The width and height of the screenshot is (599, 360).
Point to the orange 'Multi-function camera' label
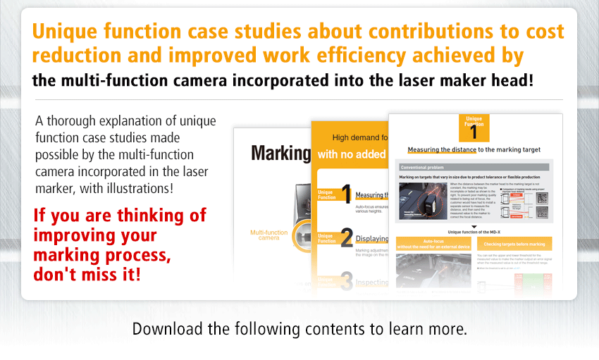268,235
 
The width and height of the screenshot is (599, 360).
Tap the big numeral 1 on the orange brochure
346,194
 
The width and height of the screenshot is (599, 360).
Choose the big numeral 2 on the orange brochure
346,237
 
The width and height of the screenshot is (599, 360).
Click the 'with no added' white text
352,154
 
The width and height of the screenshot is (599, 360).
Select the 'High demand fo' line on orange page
360,137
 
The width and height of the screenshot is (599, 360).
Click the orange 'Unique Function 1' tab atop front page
474,126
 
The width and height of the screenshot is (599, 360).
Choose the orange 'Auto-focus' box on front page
433,243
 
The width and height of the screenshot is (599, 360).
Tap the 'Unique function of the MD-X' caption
473,232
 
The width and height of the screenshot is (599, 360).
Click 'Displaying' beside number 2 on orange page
372,239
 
